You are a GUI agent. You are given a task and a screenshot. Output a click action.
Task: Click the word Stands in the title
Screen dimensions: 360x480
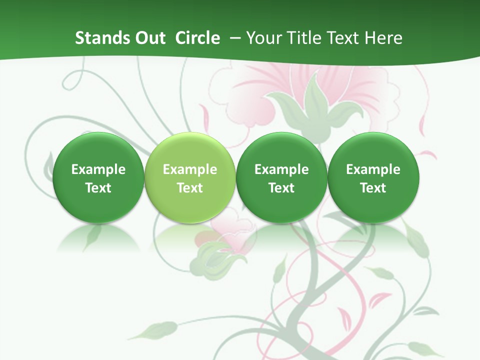[x=98, y=38]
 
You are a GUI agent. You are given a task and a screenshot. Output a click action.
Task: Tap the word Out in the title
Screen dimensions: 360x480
[x=148, y=38]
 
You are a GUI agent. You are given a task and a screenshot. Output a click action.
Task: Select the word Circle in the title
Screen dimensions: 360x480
[x=197, y=38]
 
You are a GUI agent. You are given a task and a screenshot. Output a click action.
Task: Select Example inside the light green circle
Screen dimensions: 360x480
[x=189, y=169]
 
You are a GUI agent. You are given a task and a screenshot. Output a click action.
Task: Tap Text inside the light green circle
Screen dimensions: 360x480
[x=189, y=188]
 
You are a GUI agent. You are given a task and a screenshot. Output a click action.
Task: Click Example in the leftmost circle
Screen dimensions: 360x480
[x=98, y=169]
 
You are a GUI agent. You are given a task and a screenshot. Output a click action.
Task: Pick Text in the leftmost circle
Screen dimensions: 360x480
[x=98, y=188]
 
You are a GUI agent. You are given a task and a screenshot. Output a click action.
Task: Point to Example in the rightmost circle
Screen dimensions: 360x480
[x=373, y=169]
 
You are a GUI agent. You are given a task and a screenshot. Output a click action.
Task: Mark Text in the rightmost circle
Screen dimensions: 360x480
[x=373, y=188]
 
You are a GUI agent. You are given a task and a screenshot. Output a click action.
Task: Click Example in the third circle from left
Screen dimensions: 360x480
[x=281, y=169]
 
